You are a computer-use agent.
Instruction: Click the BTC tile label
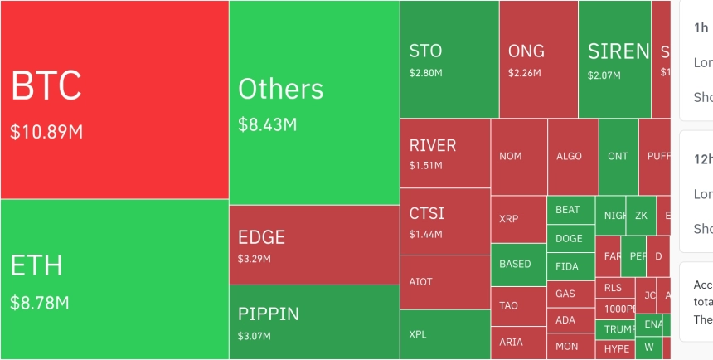click(x=46, y=86)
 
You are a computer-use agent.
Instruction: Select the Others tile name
click(x=280, y=89)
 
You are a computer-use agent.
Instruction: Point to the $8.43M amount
click(x=267, y=125)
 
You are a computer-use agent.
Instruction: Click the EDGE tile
click(x=313, y=245)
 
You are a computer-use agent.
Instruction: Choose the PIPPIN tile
click(x=313, y=322)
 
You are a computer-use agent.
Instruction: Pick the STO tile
click(x=449, y=58)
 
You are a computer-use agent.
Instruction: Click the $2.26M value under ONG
click(x=524, y=73)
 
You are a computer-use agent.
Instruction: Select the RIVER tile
click(x=444, y=153)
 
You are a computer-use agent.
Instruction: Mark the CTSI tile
click(x=444, y=221)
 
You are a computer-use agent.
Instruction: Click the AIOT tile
click(x=444, y=282)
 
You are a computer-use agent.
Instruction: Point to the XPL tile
click(x=444, y=335)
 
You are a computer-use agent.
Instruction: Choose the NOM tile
click(x=518, y=156)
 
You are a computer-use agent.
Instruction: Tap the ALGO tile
click(x=572, y=156)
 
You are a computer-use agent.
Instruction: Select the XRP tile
click(x=518, y=219)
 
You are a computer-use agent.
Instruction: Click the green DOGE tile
click(x=570, y=238)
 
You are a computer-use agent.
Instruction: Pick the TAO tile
click(x=518, y=305)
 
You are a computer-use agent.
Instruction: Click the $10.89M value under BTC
click(x=46, y=132)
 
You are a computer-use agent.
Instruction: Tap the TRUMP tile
click(x=614, y=328)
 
